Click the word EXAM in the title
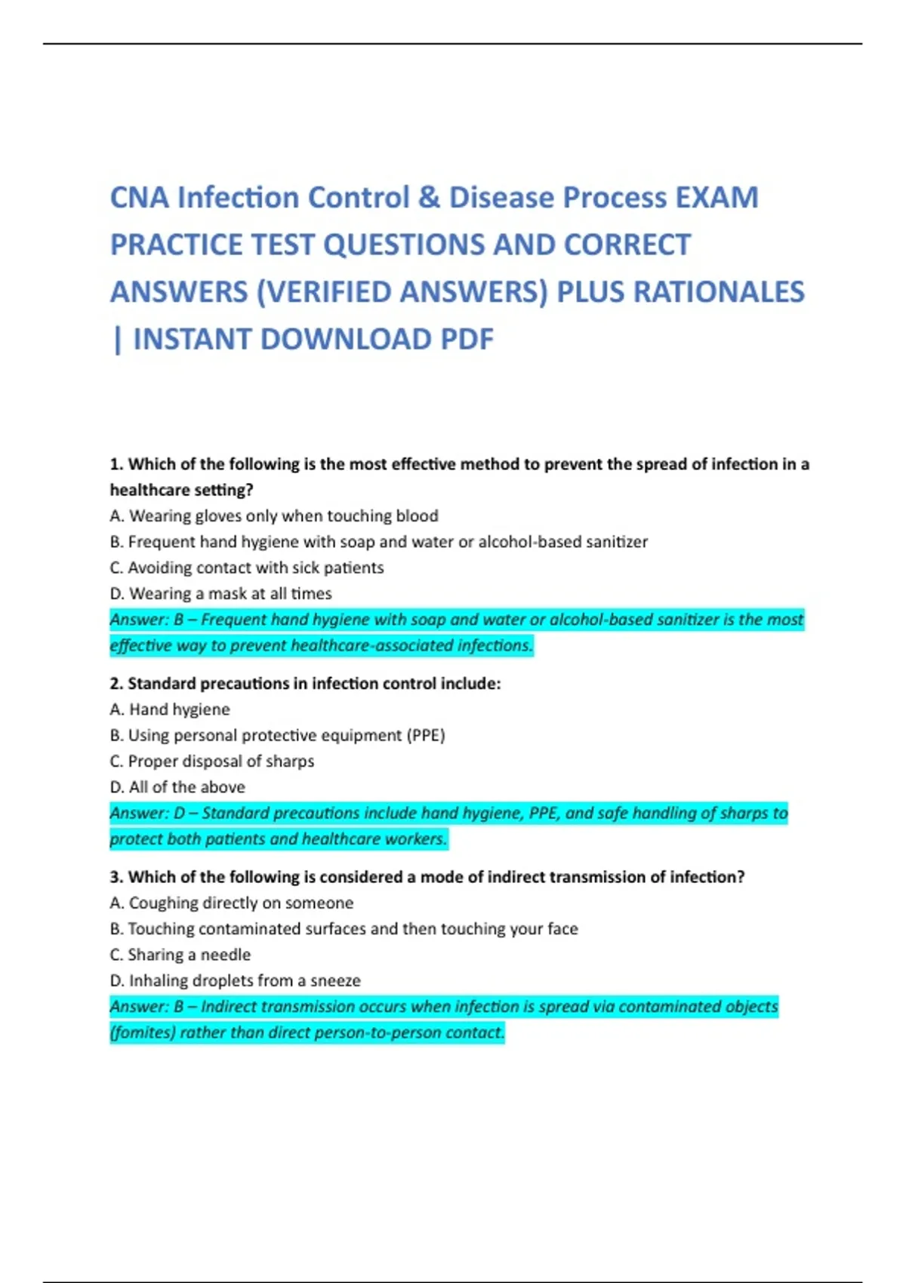(x=716, y=198)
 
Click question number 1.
(x=117, y=464)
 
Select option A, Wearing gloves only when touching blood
(x=274, y=516)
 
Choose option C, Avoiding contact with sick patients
(x=247, y=568)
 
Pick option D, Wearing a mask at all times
(x=220, y=594)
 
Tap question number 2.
(x=116, y=684)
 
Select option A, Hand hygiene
(x=170, y=709)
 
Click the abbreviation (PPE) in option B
(x=427, y=736)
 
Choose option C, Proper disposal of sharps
(x=212, y=761)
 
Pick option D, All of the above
(x=177, y=787)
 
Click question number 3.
(x=116, y=877)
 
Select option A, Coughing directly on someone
(x=232, y=903)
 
